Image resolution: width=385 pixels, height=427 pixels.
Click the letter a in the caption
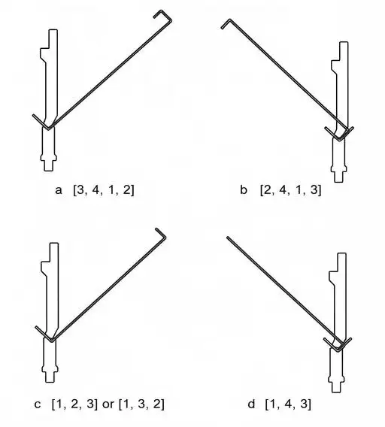click(59, 190)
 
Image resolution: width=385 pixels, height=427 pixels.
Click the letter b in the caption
click(244, 189)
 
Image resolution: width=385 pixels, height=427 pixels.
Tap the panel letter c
click(38, 404)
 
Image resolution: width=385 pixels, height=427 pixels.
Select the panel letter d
click(251, 404)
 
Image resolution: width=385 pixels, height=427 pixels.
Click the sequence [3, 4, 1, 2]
click(104, 189)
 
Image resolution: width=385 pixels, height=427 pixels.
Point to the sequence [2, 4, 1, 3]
click(291, 189)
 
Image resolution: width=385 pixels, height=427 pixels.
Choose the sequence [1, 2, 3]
click(74, 404)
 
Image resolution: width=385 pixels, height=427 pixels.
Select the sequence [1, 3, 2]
click(141, 404)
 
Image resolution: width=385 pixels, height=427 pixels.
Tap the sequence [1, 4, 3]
click(288, 404)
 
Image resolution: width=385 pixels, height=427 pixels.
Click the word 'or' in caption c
click(108, 404)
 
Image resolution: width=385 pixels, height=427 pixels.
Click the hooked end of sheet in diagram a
click(163, 17)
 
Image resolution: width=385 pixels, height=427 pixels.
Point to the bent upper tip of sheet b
click(226, 23)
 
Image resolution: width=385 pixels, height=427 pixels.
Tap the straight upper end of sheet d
click(228, 238)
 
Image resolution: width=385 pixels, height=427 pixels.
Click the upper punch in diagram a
click(50, 76)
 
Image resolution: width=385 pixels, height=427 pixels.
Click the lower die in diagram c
click(50, 360)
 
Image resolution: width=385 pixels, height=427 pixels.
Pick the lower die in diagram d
click(337, 371)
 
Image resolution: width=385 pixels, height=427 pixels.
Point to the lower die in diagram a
click(49, 149)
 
